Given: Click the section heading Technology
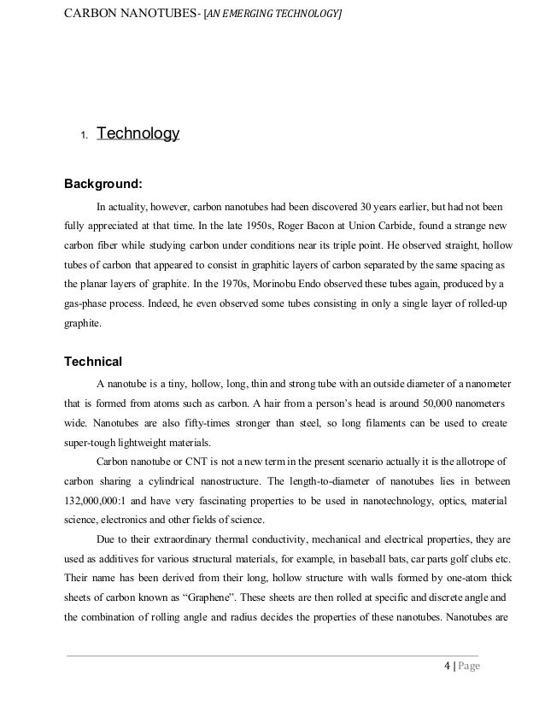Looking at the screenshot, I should pyautogui.click(x=138, y=134).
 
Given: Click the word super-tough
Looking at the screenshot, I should pyautogui.click(x=92, y=443).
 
